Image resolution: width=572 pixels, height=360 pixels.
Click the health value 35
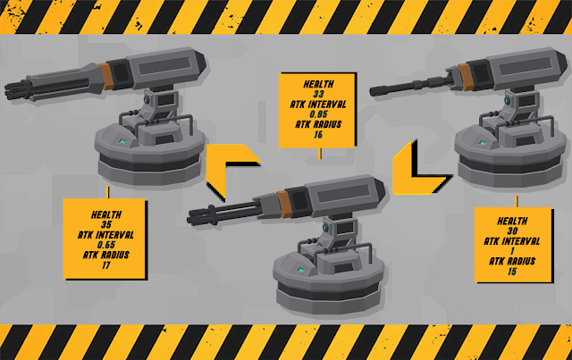tap(106, 224)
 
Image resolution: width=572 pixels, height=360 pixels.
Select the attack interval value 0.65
tap(106, 245)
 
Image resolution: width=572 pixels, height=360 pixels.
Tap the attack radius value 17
tap(106, 265)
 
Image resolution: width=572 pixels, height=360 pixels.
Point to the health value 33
tap(318, 94)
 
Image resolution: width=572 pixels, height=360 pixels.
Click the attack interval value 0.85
tap(318, 114)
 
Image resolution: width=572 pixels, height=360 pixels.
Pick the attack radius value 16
tap(318, 135)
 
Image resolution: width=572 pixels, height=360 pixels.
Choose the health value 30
tap(512, 230)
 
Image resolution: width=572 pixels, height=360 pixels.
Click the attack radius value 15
tap(512, 272)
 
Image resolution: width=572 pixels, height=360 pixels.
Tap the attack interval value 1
tap(512, 251)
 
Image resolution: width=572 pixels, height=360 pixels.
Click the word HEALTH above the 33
tap(318, 84)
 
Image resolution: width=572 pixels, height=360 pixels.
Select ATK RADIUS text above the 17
tap(106, 255)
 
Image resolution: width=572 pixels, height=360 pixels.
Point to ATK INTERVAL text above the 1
tap(512, 241)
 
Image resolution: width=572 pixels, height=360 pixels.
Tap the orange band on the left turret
tap(105, 76)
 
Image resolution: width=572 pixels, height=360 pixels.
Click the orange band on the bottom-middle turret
tap(283, 204)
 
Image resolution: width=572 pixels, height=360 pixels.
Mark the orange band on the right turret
tap(465, 77)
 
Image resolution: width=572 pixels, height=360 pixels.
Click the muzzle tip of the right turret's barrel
tap(372, 91)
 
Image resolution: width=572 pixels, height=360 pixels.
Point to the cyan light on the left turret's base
tap(122, 141)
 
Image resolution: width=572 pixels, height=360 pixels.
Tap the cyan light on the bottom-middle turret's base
tap(300, 271)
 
